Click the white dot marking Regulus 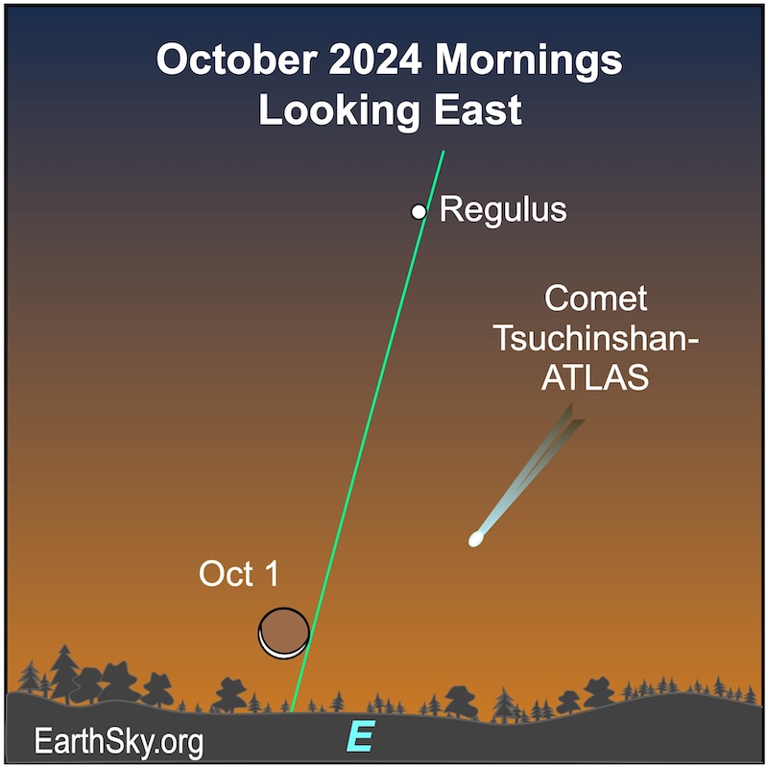[419, 212]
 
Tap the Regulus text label [503, 210]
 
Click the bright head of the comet [476, 539]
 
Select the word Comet [595, 298]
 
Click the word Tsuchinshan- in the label [596, 338]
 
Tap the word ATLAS [595, 377]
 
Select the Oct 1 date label [238, 573]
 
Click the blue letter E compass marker [361, 735]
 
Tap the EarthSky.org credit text [118, 742]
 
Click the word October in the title [236, 60]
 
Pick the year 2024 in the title [374, 60]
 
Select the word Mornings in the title [529, 61]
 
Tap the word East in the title [478, 109]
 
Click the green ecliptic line [368, 431]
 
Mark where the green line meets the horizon [292, 711]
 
